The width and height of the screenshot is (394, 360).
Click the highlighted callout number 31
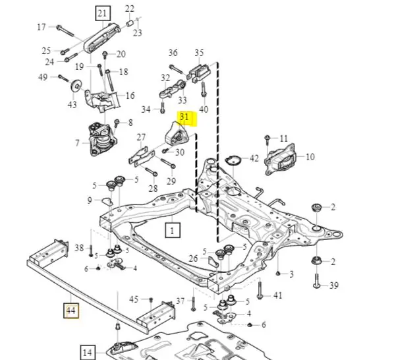(184, 117)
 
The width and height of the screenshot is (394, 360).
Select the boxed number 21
(103, 13)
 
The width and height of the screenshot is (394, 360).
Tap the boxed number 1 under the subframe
(173, 230)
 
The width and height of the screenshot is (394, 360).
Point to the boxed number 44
(71, 311)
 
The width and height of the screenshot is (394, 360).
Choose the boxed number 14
(88, 353)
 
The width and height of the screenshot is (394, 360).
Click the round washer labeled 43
(76, 86)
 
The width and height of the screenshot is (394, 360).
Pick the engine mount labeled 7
(99, 139)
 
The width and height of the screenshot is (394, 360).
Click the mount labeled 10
(279, 160)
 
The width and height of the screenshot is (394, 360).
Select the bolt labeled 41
(260, 290)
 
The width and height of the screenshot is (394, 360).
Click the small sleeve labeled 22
(129, 24)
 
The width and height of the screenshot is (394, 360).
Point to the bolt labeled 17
(65, 31)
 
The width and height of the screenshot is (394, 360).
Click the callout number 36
(173, 53)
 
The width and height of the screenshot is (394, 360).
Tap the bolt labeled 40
(204, 90)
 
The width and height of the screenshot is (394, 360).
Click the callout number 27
(141, 137)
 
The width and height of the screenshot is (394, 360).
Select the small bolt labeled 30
(165, 150)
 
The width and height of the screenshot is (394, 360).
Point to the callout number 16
(130, 96)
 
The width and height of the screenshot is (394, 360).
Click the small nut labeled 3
(278, 273)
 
